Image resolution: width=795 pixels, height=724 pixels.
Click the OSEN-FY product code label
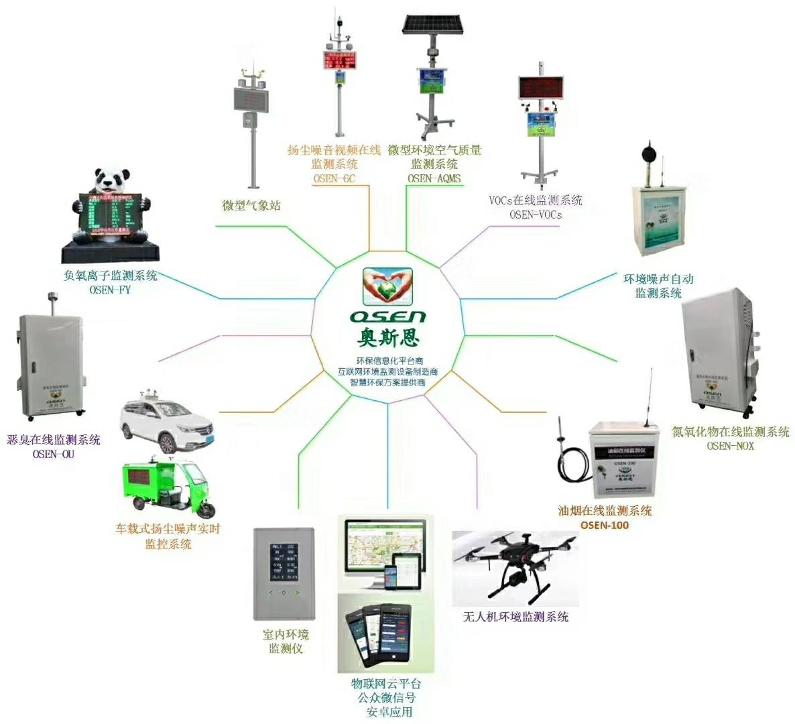click(x=110, y=290)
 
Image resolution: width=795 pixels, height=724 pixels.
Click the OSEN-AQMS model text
click(x=434, y=178)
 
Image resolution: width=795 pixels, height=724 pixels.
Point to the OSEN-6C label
click(x=334, y=178)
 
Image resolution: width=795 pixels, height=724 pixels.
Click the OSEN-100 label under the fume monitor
click(x=605, y=525)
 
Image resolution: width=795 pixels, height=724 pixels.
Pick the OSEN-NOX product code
click(x=730, y=446)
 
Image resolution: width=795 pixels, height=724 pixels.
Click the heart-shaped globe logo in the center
click(x=388, y=287)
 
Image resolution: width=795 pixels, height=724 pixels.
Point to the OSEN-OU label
click(x=54, y=454)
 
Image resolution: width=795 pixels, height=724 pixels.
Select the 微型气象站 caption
click(x=251, y=205)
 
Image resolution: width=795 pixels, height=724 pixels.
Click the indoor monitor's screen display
click(x=284, y=562)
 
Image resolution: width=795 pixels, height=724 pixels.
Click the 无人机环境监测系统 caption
click(x=515, y=616)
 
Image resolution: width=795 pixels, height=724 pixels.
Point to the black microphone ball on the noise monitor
click(x=650, y=152)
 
